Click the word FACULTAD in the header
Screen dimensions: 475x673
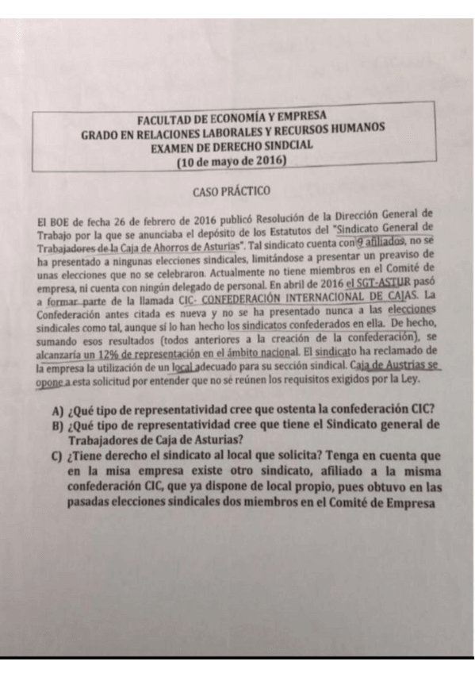pyautogui.click(x=164, y=117)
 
